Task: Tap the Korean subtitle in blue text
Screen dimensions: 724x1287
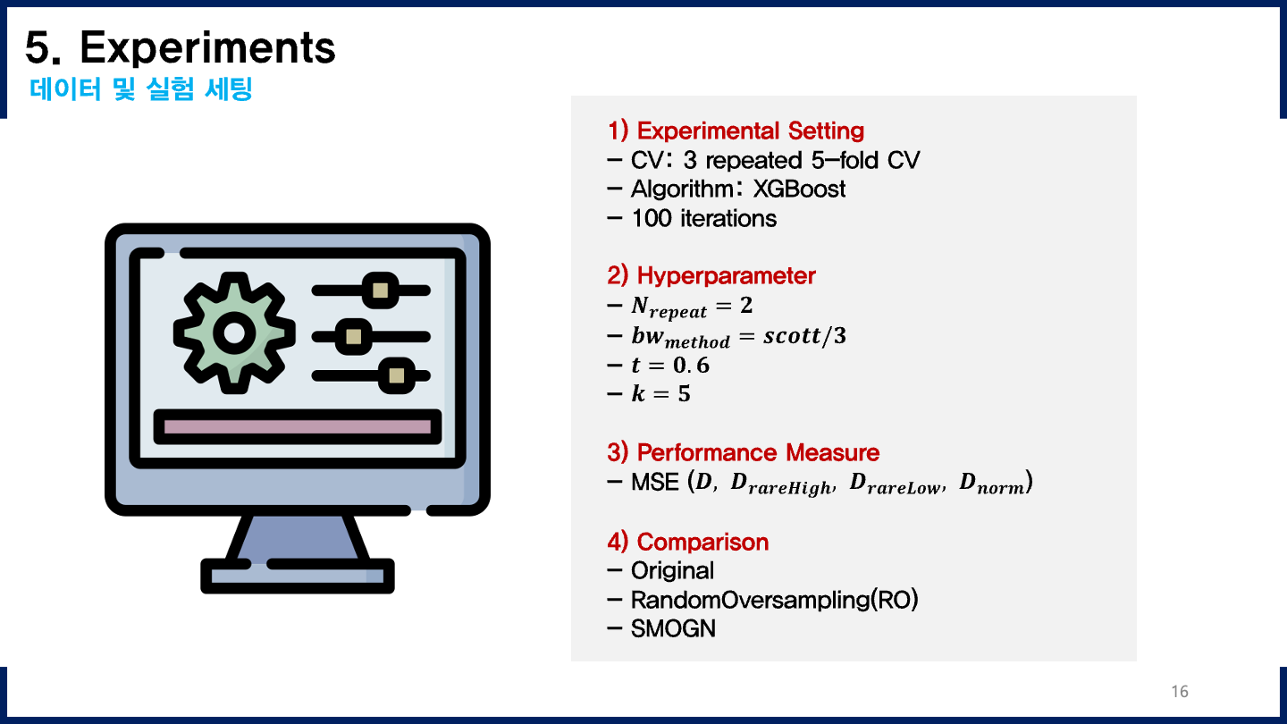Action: tap(141, 90)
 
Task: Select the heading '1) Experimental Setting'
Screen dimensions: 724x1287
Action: tap(736, 130)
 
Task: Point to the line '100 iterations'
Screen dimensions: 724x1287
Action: tap(702, 218)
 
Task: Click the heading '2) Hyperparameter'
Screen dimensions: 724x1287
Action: tap(711, 275)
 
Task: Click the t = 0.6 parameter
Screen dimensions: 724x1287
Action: tap(669, 365)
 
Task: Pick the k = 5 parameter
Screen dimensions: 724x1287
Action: tap(660, 393)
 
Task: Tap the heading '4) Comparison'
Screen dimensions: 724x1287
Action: tap(688, 542)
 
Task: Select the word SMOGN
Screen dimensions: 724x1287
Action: tap(673, 628)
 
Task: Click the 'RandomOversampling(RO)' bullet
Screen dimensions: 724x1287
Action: tap(774, 600)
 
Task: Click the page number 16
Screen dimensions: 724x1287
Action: tap(1179, 692)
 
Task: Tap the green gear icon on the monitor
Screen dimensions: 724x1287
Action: tap(234, 333)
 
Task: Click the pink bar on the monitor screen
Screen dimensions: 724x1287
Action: tap(298, 427)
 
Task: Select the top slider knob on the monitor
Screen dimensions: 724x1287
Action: tap(381, 290)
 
